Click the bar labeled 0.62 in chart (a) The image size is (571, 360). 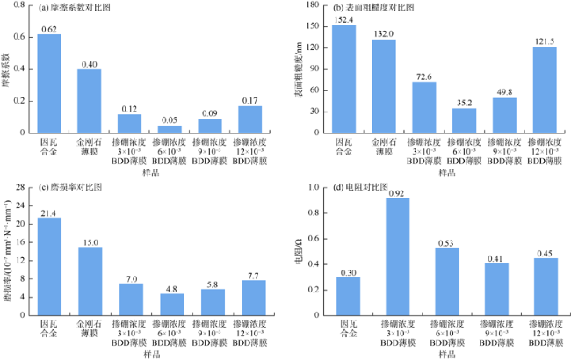coord(49,83)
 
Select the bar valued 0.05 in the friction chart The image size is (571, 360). coord(170,129)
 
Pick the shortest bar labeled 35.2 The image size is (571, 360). coord(464,120)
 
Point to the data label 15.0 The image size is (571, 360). coord(90,241)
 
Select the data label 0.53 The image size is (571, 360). coord(446,242)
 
